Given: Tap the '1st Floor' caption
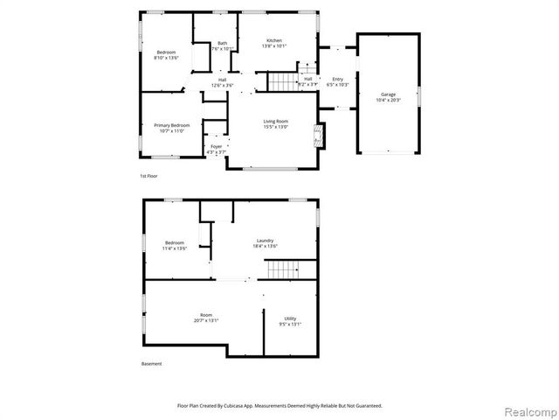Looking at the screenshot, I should pos(148,176).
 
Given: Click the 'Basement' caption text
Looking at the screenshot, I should pos(151,364).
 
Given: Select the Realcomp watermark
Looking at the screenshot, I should pos(529,410).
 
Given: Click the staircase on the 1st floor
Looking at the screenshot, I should pos(282,81).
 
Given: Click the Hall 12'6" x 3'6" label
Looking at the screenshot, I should pos(222,82).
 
